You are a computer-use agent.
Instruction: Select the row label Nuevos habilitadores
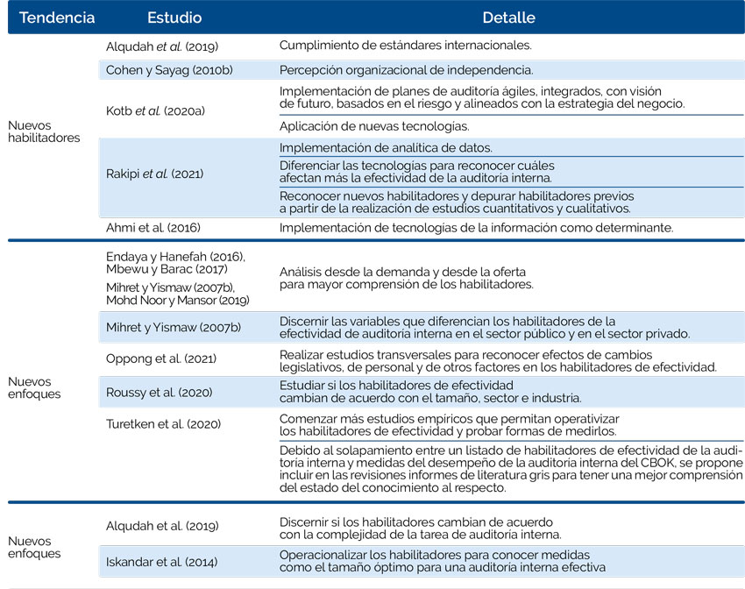(43, 131)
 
